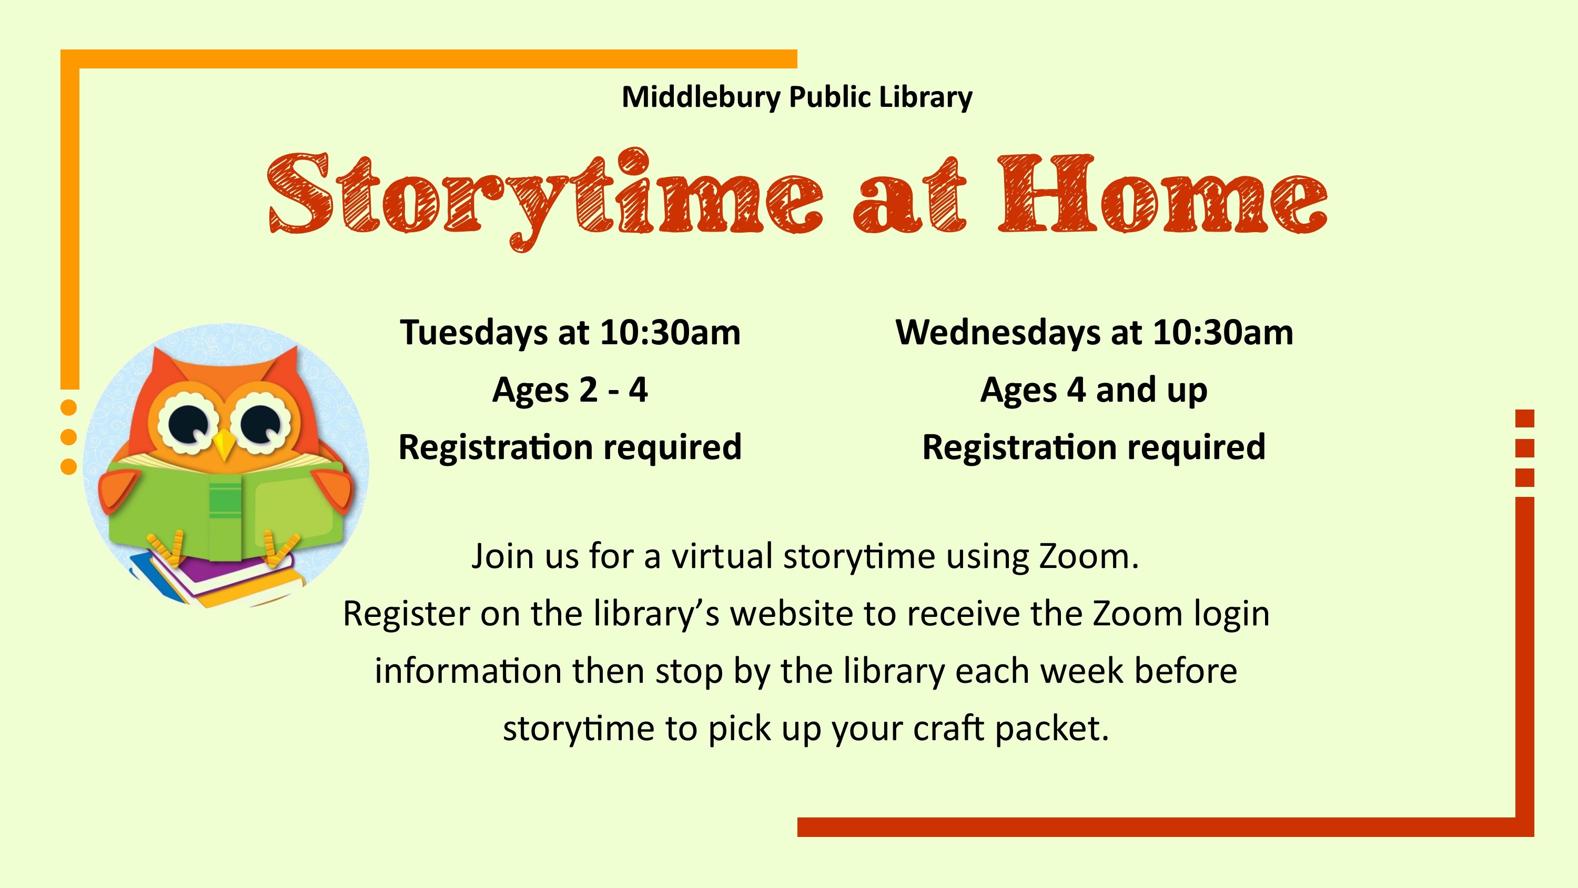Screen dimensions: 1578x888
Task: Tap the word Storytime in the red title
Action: [x=545, y=198]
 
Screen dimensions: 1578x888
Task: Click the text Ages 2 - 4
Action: [x=570, y=390]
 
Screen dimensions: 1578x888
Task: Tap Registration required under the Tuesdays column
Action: [x=570, y=447]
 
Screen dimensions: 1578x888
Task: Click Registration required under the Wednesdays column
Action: [x=1094, y=447]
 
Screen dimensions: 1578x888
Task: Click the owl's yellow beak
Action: [x=224, y=444]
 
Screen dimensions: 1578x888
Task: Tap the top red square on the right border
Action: [x=1525, y=418]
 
